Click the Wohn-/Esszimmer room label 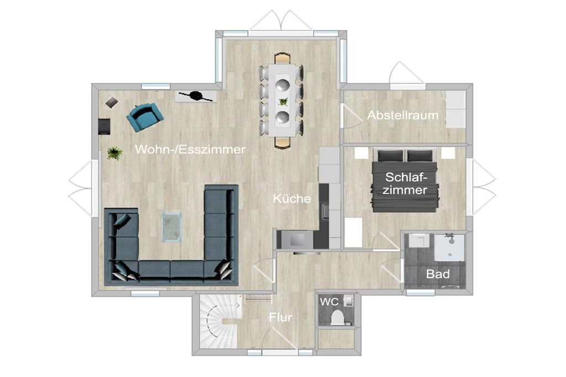190,149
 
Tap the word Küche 292,198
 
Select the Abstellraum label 402,115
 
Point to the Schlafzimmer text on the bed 405,183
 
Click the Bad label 438,274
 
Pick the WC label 329,302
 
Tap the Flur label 280,317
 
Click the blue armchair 144,117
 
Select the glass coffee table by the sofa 171,227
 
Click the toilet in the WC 338,317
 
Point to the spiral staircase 219,321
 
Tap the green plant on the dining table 284,102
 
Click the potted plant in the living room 114,153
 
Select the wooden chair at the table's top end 282,58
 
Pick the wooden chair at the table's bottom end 282,143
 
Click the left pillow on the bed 391,156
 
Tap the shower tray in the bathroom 449,247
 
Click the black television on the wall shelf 196,95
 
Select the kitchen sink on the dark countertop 325,211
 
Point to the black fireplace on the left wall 104,126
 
